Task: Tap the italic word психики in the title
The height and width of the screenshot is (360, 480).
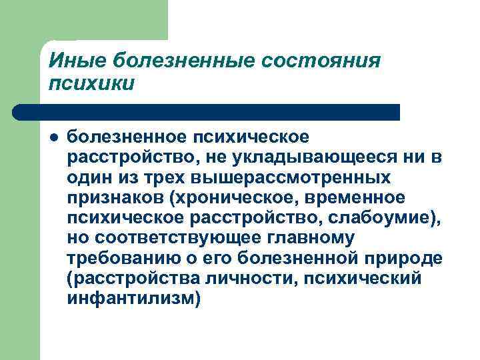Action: [91, 83]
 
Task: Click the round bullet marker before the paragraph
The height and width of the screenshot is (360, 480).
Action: [53, 137]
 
